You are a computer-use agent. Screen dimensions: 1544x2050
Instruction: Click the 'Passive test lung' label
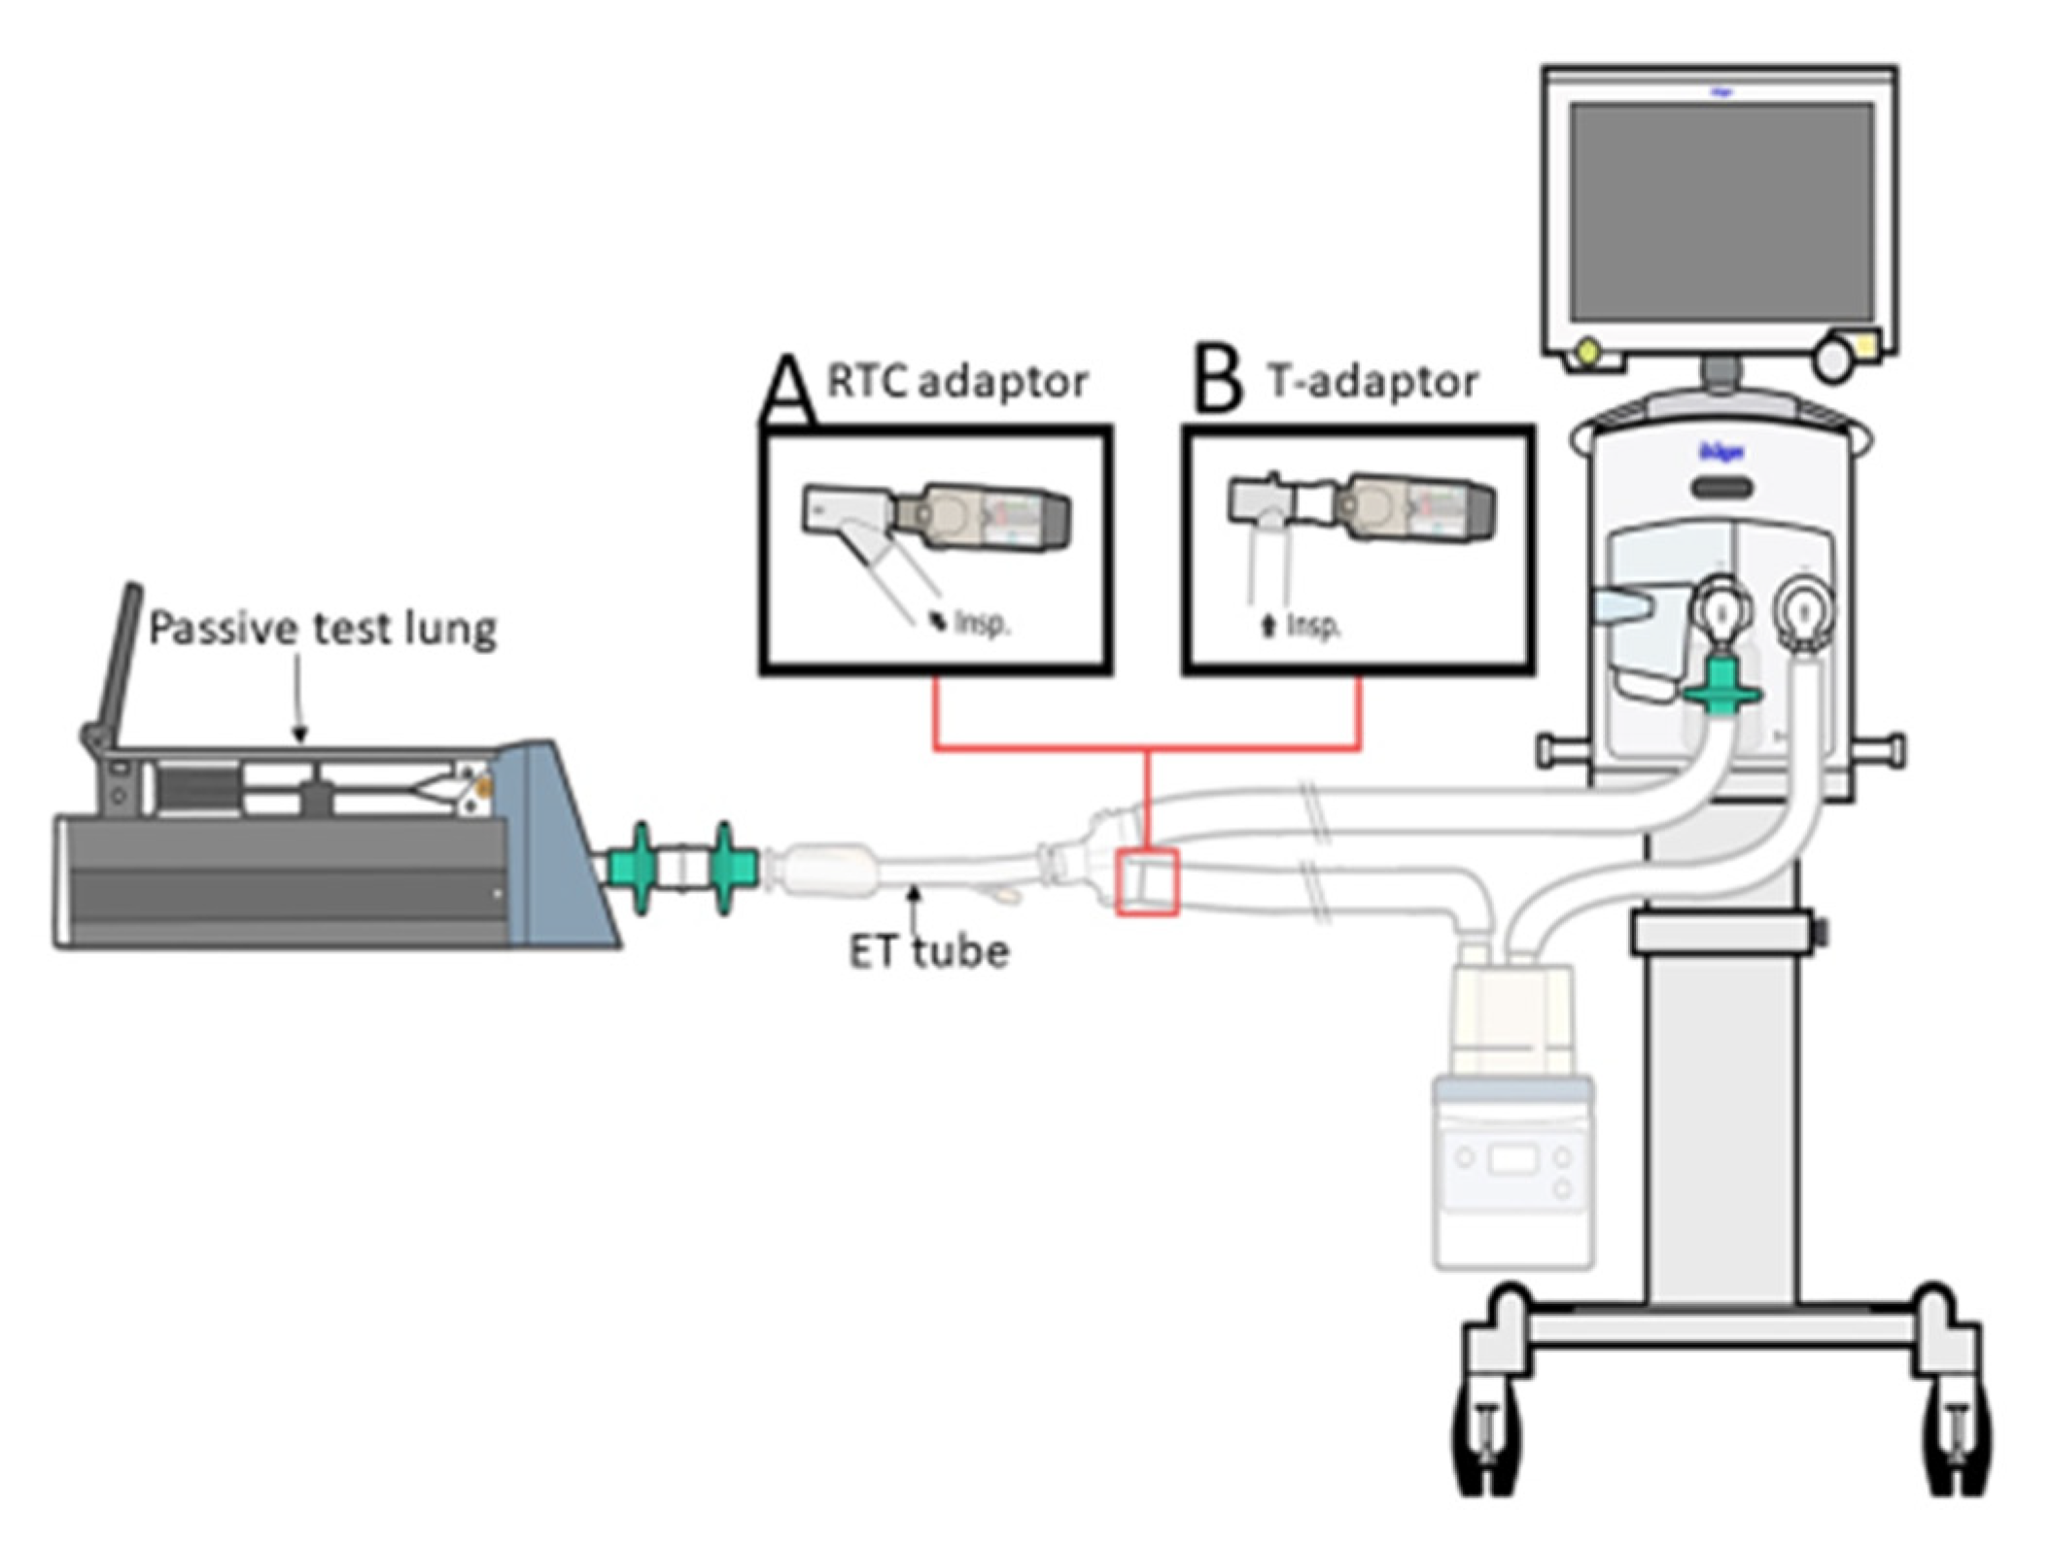(322, 629)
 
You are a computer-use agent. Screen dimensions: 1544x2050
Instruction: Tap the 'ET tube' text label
(928, 951)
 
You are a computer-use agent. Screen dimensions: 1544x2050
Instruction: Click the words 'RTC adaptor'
(956, 381)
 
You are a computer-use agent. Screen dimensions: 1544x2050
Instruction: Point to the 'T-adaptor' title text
(1372, 381)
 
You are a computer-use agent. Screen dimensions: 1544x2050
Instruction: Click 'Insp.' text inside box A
(982, 623)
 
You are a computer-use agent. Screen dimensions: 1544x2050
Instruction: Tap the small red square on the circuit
(1147, 881)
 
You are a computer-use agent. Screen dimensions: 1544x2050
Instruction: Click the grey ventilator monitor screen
(1721, 211)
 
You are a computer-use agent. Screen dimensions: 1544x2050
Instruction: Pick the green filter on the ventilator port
(1721, 685)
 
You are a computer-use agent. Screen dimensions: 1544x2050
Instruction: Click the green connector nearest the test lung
(641, 867)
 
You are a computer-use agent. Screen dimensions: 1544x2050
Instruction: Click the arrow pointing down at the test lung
(299, 700)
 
